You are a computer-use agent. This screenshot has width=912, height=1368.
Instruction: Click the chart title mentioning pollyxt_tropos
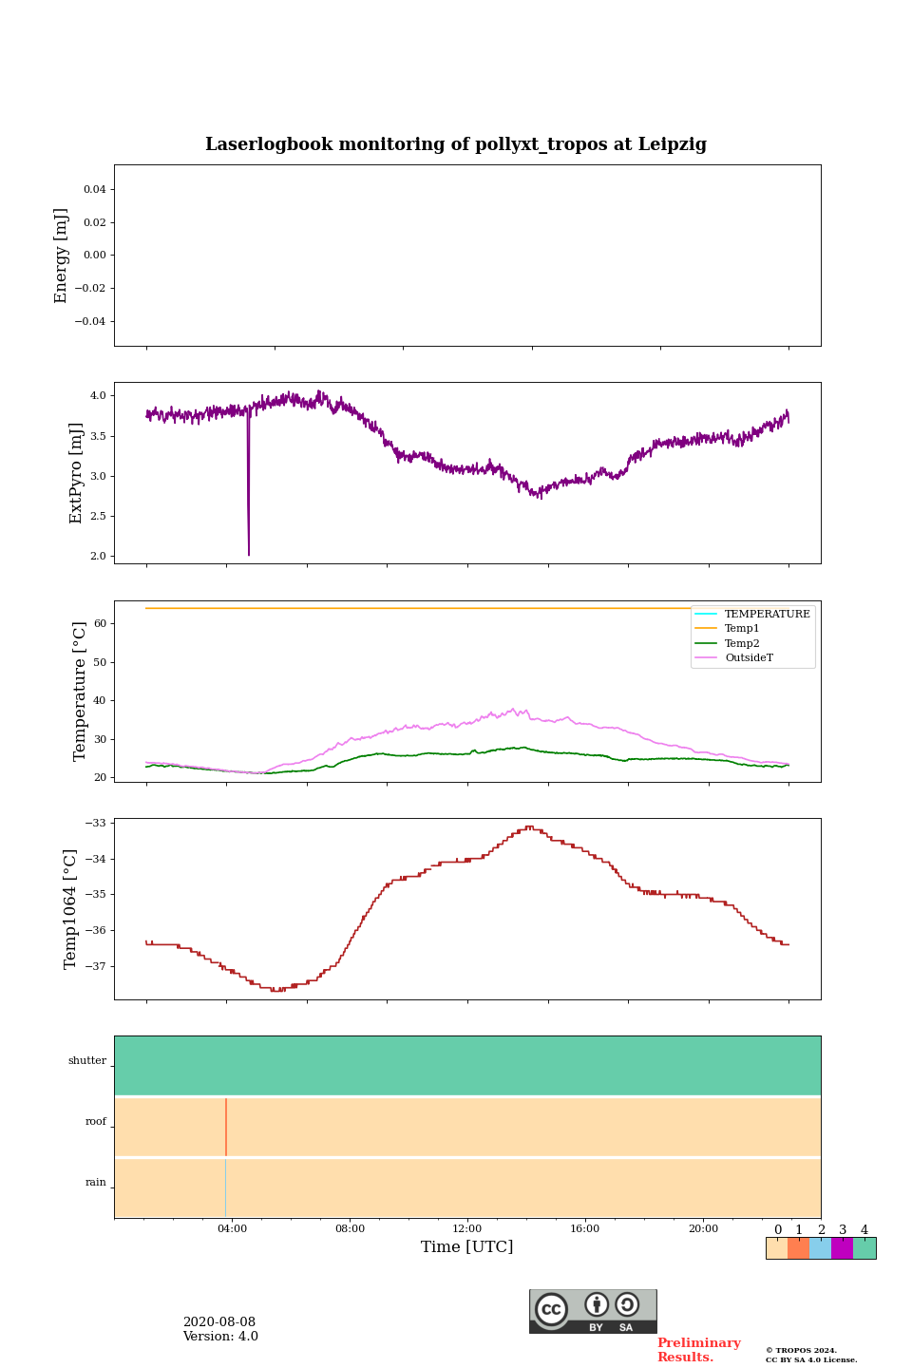pos(456,144)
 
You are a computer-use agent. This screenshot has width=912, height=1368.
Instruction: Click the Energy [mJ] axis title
pos(62,256)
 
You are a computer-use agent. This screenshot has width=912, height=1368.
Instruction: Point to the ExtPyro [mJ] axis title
pos(77,473)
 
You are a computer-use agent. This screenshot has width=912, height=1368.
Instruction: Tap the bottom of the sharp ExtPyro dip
pos(249,553)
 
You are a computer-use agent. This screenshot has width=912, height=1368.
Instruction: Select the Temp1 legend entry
pos(742,629)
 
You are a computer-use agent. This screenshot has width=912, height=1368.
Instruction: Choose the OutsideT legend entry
pos(749,658)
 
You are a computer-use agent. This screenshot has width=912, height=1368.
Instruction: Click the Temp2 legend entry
pos(742,643)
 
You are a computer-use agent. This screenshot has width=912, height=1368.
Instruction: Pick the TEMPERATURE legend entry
pos(767,614)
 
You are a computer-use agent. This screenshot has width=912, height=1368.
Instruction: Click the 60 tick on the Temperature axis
pos(100,624)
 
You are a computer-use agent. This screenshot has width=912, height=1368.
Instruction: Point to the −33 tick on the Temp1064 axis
pos(98,823)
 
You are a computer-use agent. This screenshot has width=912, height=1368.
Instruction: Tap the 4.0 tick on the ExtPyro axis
pos(98,395)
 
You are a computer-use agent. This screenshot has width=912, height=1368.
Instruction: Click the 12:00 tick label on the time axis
pos(467,1229)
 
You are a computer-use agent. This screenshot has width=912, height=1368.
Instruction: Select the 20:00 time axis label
pos(703,1229)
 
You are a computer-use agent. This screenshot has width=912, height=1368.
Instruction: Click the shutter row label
pos(87,1061)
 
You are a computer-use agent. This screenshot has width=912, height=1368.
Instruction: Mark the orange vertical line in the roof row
pos(226,1127)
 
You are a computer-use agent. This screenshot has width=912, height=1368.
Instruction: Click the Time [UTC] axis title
pos(467,1247)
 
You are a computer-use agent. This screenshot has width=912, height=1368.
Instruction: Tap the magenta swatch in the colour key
pos(842,1248)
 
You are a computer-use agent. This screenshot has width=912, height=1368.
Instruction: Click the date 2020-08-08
pos(219,1322)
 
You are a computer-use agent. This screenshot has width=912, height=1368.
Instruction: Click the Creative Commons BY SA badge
pos(593,1311)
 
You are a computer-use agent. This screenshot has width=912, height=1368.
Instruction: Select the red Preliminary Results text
pos(698,1350)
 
